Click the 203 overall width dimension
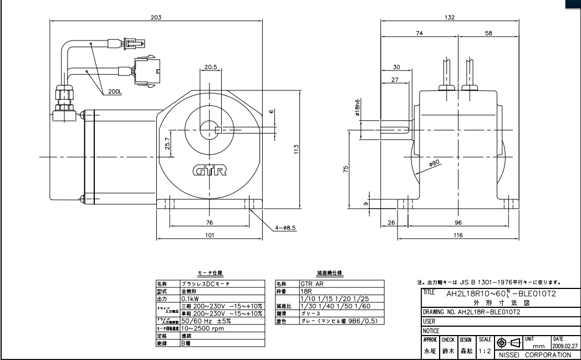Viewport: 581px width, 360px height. click(x=156, y=17)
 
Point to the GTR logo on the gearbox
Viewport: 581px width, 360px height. click(x=210, y=170)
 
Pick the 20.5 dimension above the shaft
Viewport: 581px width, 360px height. click(x=210, y=67)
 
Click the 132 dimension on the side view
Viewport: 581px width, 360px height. click(x=450, y=17)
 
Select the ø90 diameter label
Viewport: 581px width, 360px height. click(x=433, y=163)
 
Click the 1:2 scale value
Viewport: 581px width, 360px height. click(x=485, y=351)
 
